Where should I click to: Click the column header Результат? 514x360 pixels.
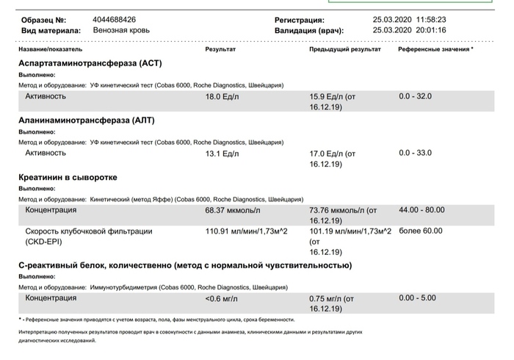pos(220,49)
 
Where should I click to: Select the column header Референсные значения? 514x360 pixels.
pos(434,49)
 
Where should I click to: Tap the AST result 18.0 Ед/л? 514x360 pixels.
pos(222,97)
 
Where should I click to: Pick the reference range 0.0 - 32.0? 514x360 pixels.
pos(416,96)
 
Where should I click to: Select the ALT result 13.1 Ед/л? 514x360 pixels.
pos(222,154)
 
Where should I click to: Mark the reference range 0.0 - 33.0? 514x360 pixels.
pos(416,153)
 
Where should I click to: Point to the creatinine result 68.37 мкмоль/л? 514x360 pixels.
pos(233,211)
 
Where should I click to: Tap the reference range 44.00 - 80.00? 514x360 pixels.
pos(421,210)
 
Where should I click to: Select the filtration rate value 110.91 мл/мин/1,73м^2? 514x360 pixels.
pos(246,231)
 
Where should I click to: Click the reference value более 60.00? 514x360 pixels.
pos(421,231)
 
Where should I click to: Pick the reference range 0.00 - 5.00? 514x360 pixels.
pos(417,298)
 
